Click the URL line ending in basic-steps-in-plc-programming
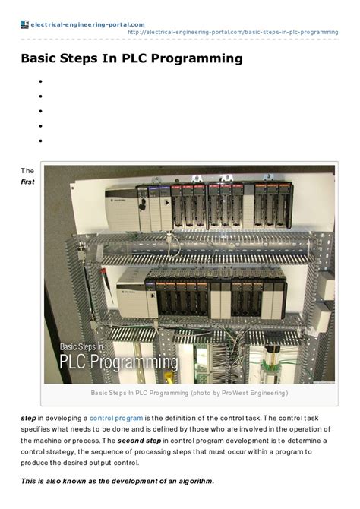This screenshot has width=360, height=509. click(x=232, y=33)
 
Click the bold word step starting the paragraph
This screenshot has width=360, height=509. click(x=28, y=419)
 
